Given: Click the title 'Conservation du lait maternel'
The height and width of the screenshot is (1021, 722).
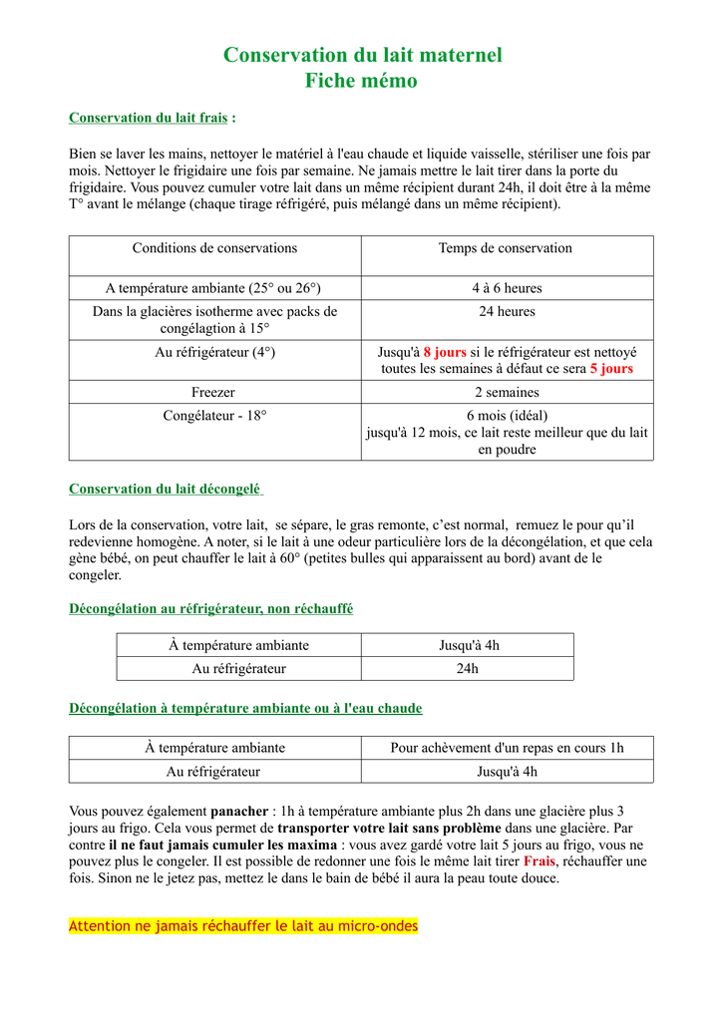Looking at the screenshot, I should (362, 55).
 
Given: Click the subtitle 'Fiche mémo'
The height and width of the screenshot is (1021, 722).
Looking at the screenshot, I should (361, 81).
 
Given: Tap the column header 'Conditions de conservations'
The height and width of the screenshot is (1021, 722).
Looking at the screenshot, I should (214, 248).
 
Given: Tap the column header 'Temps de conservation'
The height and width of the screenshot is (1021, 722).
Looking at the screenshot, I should (506, 248).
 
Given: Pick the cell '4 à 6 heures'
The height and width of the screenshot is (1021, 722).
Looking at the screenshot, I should (507, 288).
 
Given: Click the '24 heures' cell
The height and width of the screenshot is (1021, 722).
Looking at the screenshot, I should (507, 311).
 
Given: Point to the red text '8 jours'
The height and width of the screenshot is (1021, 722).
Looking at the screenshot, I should (445, 352).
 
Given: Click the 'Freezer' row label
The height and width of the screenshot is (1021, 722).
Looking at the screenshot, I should (213, 392).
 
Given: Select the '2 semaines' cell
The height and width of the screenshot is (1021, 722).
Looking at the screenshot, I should (507, 392).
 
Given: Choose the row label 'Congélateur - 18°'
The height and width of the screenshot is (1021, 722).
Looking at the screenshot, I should (214, 415).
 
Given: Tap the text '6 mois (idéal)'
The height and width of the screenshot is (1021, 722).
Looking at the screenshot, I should (507, 415).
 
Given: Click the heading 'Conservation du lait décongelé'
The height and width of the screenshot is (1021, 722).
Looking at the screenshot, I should (165, 489).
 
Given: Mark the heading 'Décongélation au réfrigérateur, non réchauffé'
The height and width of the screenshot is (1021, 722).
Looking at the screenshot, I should (210, 608).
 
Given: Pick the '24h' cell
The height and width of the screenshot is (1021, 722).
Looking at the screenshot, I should (468, 668).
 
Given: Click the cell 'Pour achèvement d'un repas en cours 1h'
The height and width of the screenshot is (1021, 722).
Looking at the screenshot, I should (507, 748).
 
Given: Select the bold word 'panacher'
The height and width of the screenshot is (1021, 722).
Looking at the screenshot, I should (239, 812).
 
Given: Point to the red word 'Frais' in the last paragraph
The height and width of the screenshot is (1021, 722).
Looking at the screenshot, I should (540, 861).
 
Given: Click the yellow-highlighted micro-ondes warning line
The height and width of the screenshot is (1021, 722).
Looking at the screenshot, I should (243, 926).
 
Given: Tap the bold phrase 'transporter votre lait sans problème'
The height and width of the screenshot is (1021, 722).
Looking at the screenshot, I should (389, 829).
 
